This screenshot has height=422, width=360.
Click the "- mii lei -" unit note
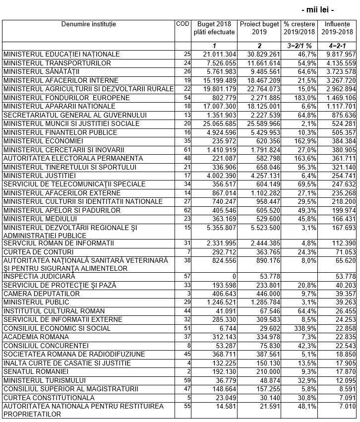(317, 9)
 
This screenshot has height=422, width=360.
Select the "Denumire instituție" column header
(89, 24)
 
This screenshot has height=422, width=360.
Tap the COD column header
(182, 24)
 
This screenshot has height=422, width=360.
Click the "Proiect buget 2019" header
(260, 28)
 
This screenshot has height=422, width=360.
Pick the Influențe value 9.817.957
(339, 54)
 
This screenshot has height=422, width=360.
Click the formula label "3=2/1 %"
(300, 46)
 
